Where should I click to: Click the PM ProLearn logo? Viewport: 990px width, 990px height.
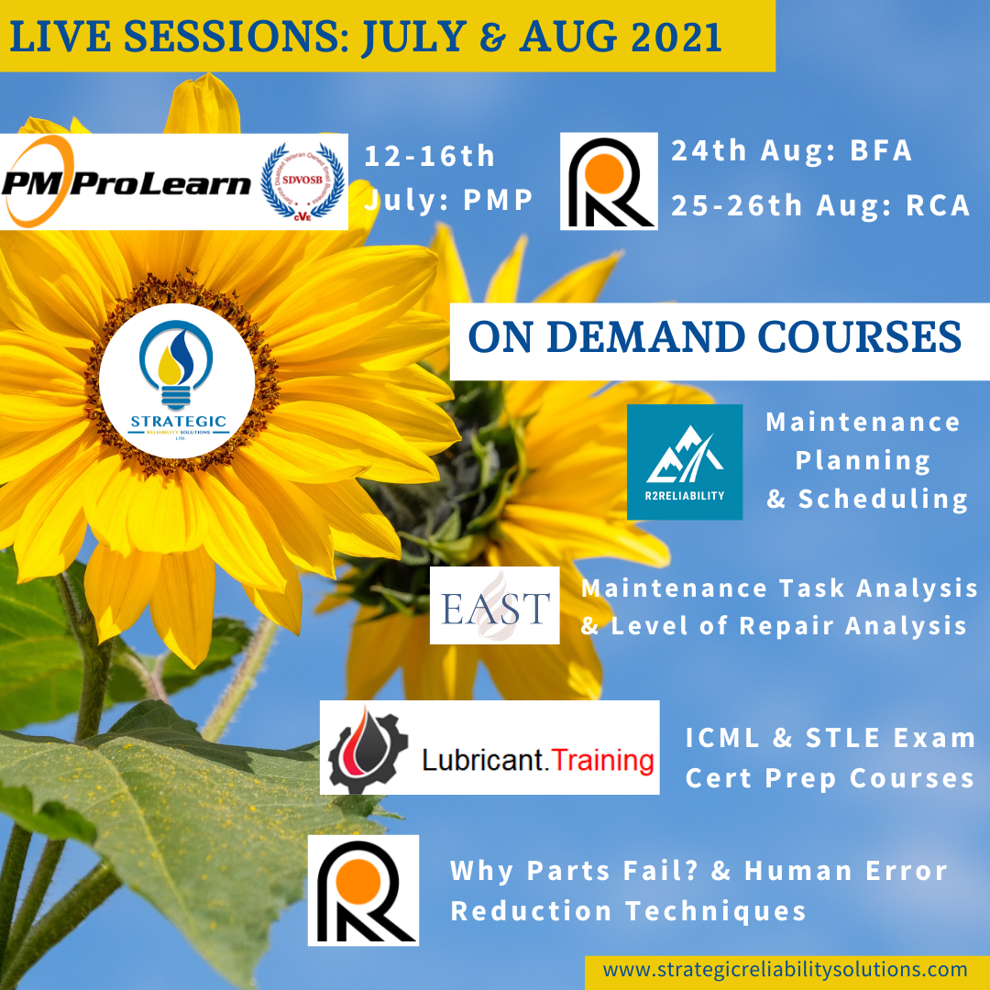[128, 182]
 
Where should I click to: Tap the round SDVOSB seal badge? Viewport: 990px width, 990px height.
[302, 181]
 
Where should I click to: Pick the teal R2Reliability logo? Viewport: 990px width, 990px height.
[684, 462]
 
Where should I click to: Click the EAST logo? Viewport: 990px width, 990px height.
[495, 605]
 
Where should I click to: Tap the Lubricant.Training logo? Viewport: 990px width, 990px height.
[489, 747]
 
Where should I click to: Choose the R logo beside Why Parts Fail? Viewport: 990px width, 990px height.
[363, 889]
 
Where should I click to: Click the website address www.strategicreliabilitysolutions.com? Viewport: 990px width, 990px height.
[786, 970]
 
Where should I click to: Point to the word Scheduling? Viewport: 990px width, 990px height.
[883, 499]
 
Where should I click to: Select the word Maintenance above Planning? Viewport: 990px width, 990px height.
[863, 422]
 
